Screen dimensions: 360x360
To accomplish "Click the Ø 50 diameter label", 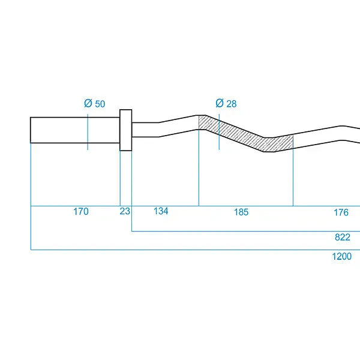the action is point(95,104).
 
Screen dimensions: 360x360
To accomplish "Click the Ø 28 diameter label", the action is point(226,103).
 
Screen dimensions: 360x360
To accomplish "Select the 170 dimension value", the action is point(81,211).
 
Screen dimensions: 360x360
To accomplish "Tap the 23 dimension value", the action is point(125,211).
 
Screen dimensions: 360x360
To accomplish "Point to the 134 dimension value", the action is point(161,211).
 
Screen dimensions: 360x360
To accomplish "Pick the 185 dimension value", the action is point(241,212).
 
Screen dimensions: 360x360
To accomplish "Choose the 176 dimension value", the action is point(341,212).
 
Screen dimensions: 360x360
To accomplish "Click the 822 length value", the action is point(343,237).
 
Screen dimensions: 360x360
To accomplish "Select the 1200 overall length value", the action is point(342,256).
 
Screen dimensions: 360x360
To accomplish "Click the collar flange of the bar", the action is point(126,130).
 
